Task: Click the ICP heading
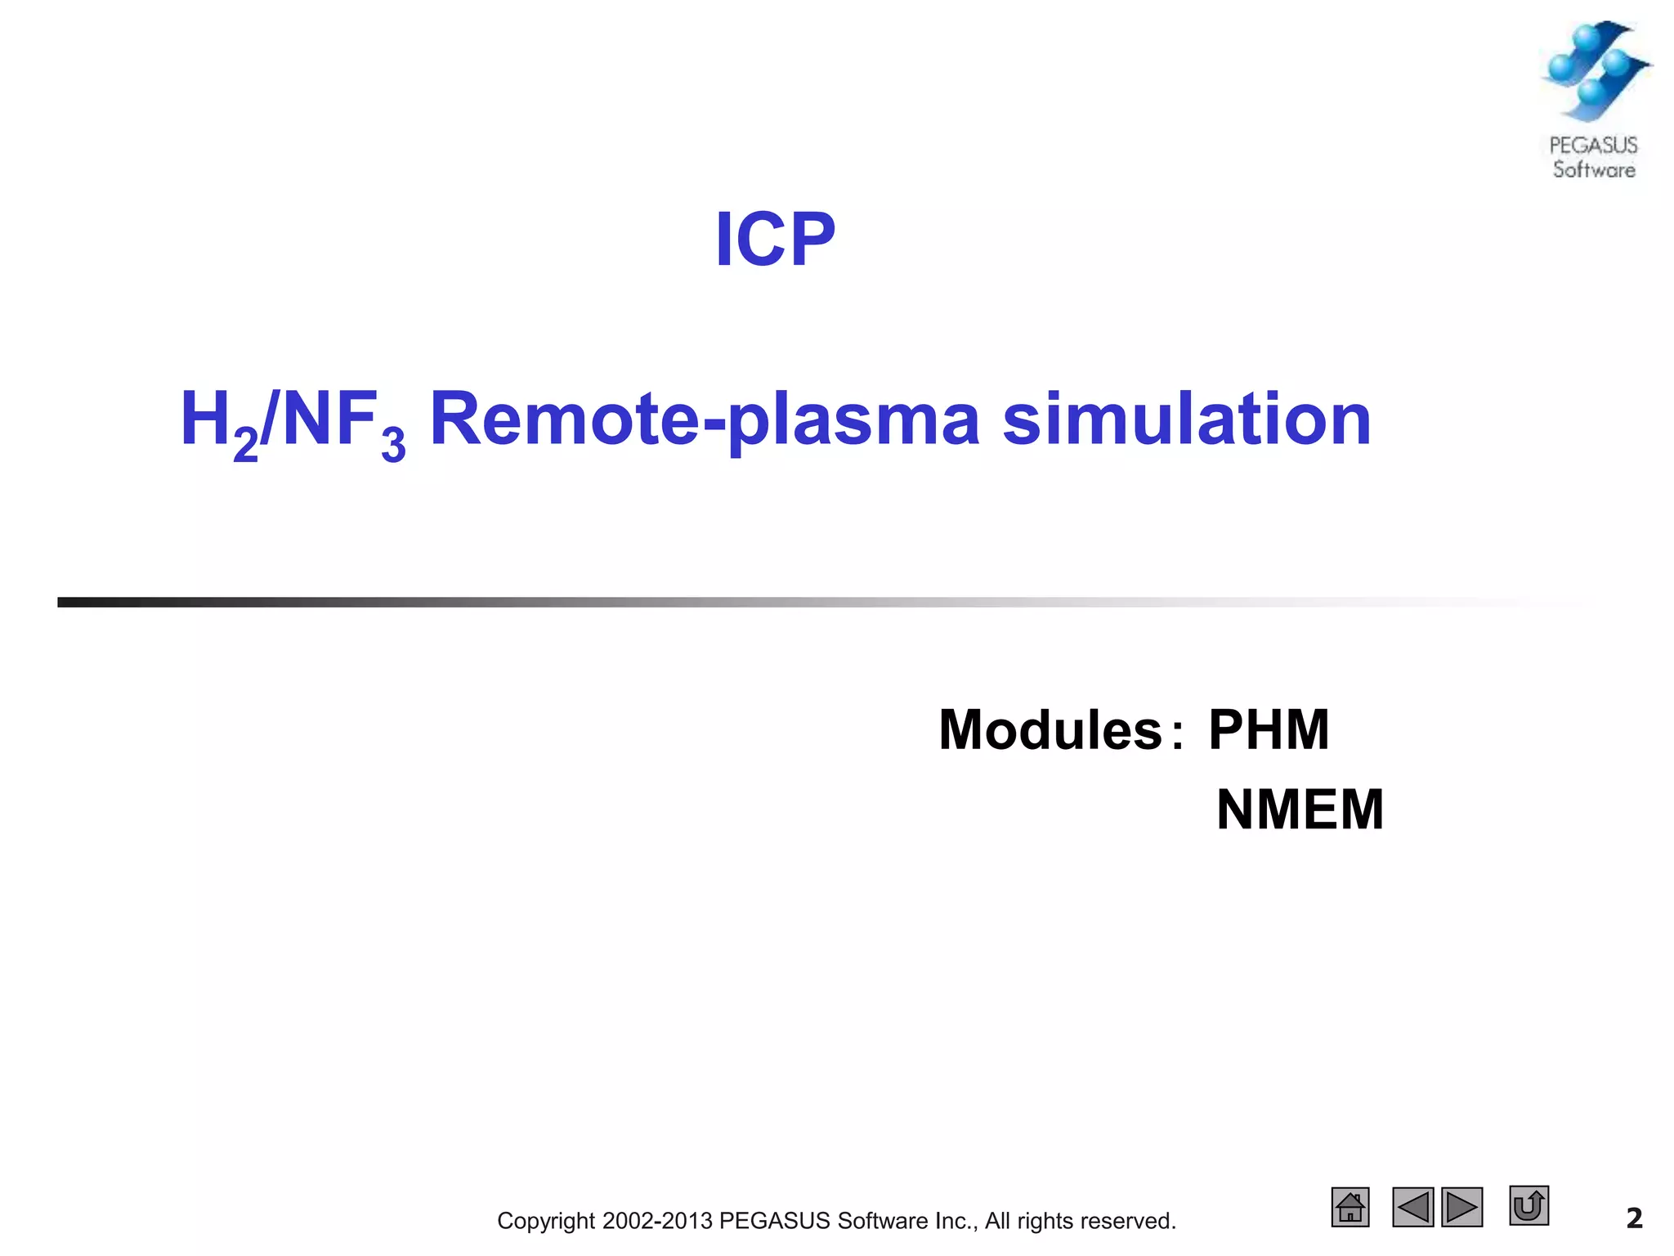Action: tap(775, 240)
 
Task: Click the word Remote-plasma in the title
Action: tap(705, 420)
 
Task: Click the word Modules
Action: tap(1050, 729)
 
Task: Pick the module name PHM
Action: tap(1269, 729)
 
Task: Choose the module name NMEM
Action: tap(1300, 810)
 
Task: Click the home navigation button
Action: tap(1350, 1207)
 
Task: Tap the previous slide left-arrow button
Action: tap(1413, 1207)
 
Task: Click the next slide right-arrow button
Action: tap(1462, 1207)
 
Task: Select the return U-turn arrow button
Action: tap(1529, 1205)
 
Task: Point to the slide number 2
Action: tap(1634, 1218)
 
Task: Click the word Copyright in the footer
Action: tap(546, 1221)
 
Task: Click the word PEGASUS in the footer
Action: tap(774, 1221)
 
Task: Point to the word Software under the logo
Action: tap(1594, 170)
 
